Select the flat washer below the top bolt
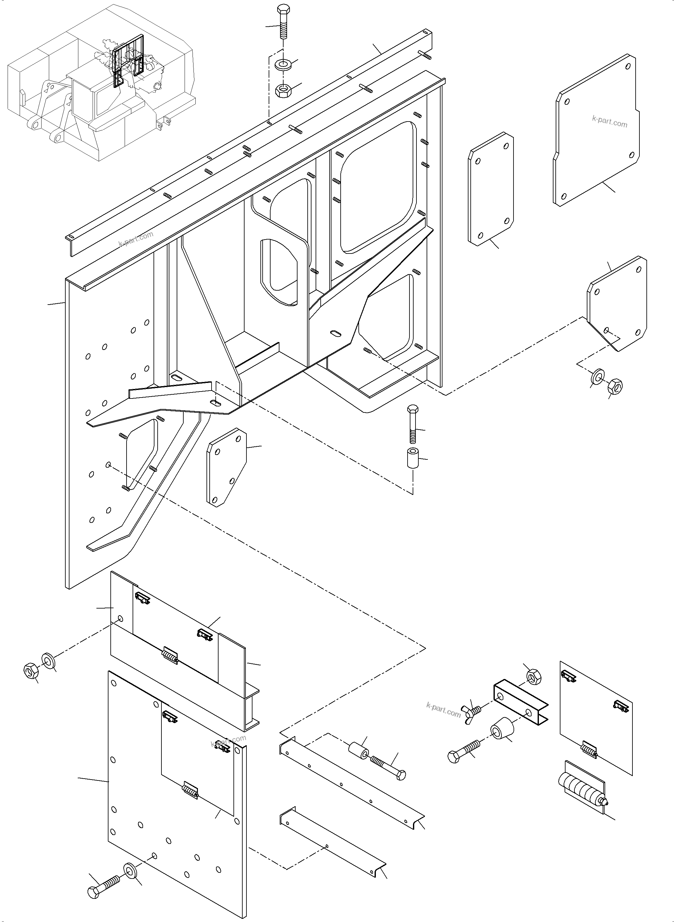tap(282, 64)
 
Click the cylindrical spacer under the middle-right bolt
tap(412, 458)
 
